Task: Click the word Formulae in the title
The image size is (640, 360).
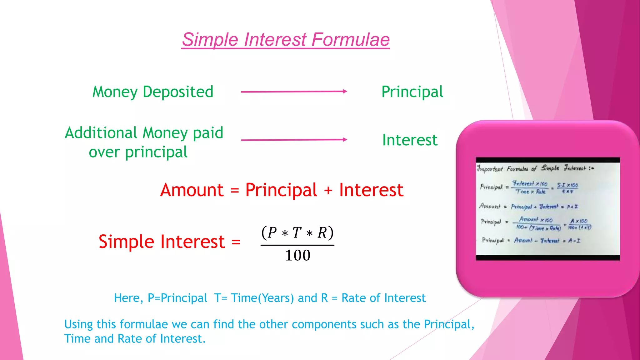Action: coord(350,40)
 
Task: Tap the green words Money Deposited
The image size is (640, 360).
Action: coord(153,92)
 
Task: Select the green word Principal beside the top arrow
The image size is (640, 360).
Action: coord(412,92)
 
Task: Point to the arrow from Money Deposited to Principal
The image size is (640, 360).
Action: coord(294,92)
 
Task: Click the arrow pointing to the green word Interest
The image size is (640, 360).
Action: coord(294,140)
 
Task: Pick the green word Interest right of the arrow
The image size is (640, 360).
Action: coord(410,140)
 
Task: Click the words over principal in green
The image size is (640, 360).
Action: coord(138,152)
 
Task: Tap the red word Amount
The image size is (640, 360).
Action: coord(192,190)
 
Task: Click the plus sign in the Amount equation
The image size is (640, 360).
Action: coord(328,191)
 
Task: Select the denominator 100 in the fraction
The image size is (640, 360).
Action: coord(297,255)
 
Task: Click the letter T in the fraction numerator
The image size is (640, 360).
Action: coord(297,233)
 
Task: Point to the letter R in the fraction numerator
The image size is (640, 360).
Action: coord(322,233)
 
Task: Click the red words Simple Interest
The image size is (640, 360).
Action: coord(162,242)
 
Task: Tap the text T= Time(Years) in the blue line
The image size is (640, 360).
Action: coord(254,298)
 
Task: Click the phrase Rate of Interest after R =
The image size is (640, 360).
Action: coord(383,298)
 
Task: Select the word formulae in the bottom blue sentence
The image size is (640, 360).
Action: coord(144,324)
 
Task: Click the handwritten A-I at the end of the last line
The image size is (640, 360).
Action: coord(574,241)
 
